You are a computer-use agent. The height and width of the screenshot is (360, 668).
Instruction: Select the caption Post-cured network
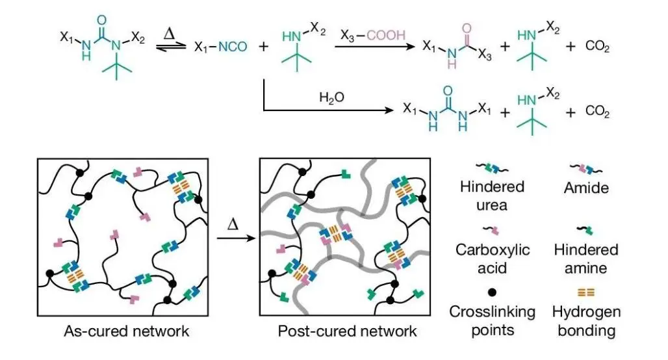(x=347, y=331)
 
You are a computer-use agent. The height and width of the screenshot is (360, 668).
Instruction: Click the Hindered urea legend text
(x=491, y=194)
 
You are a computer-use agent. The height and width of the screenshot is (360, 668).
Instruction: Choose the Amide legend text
(x=589, y=187)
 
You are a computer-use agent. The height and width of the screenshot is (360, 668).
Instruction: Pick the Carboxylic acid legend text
(x=492, y=258)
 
